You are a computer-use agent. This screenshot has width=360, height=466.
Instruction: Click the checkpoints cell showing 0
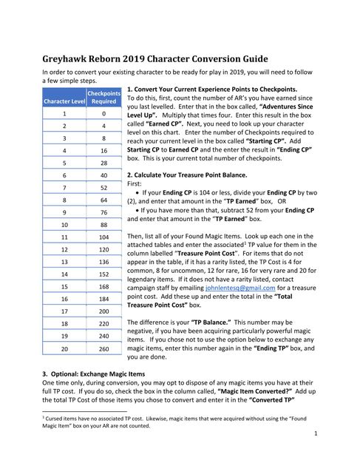tap(103, 115)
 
